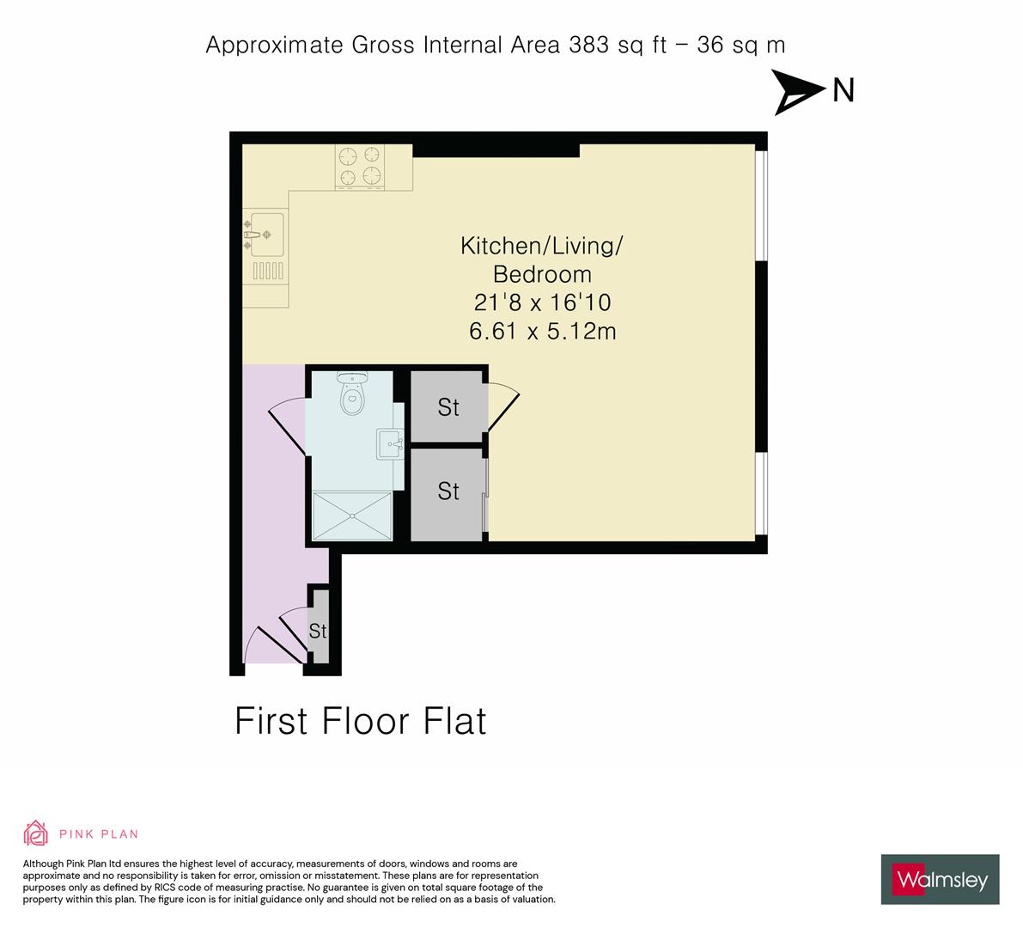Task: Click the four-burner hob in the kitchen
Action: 360,167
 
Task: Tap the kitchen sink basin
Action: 267,234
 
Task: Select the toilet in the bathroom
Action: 352,393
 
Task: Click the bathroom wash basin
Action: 389,443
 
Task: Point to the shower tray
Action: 352,516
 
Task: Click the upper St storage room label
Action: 448,407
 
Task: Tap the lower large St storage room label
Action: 448,491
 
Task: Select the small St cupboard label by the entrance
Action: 318,631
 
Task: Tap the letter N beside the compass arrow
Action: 843,90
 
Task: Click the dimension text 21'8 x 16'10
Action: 542,302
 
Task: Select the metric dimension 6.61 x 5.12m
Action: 542,331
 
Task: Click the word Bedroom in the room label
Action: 542,274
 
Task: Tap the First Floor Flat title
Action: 360,721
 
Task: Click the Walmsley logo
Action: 941,879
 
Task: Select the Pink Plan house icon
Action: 36,833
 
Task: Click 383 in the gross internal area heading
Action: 589,45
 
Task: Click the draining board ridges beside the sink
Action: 268,271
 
